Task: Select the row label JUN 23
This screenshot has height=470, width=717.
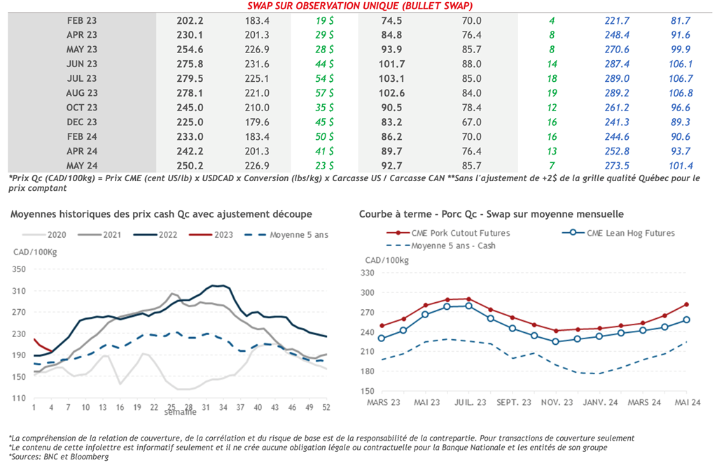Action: tap(82, 64)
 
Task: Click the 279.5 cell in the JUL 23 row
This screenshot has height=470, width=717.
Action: tap(190, 78)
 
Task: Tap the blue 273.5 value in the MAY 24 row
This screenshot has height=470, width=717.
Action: tap(618, 166)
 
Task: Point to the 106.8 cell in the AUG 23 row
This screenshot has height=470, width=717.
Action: tap(680, 93)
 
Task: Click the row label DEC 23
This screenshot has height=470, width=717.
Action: tap(82, 122)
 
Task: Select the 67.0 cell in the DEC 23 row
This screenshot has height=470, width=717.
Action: tap(471, 122)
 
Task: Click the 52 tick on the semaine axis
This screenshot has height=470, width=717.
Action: tap(326, 406)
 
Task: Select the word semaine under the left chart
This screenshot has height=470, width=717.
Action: tap(180, 413)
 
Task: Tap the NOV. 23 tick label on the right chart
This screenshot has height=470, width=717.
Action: tap(557, 403)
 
